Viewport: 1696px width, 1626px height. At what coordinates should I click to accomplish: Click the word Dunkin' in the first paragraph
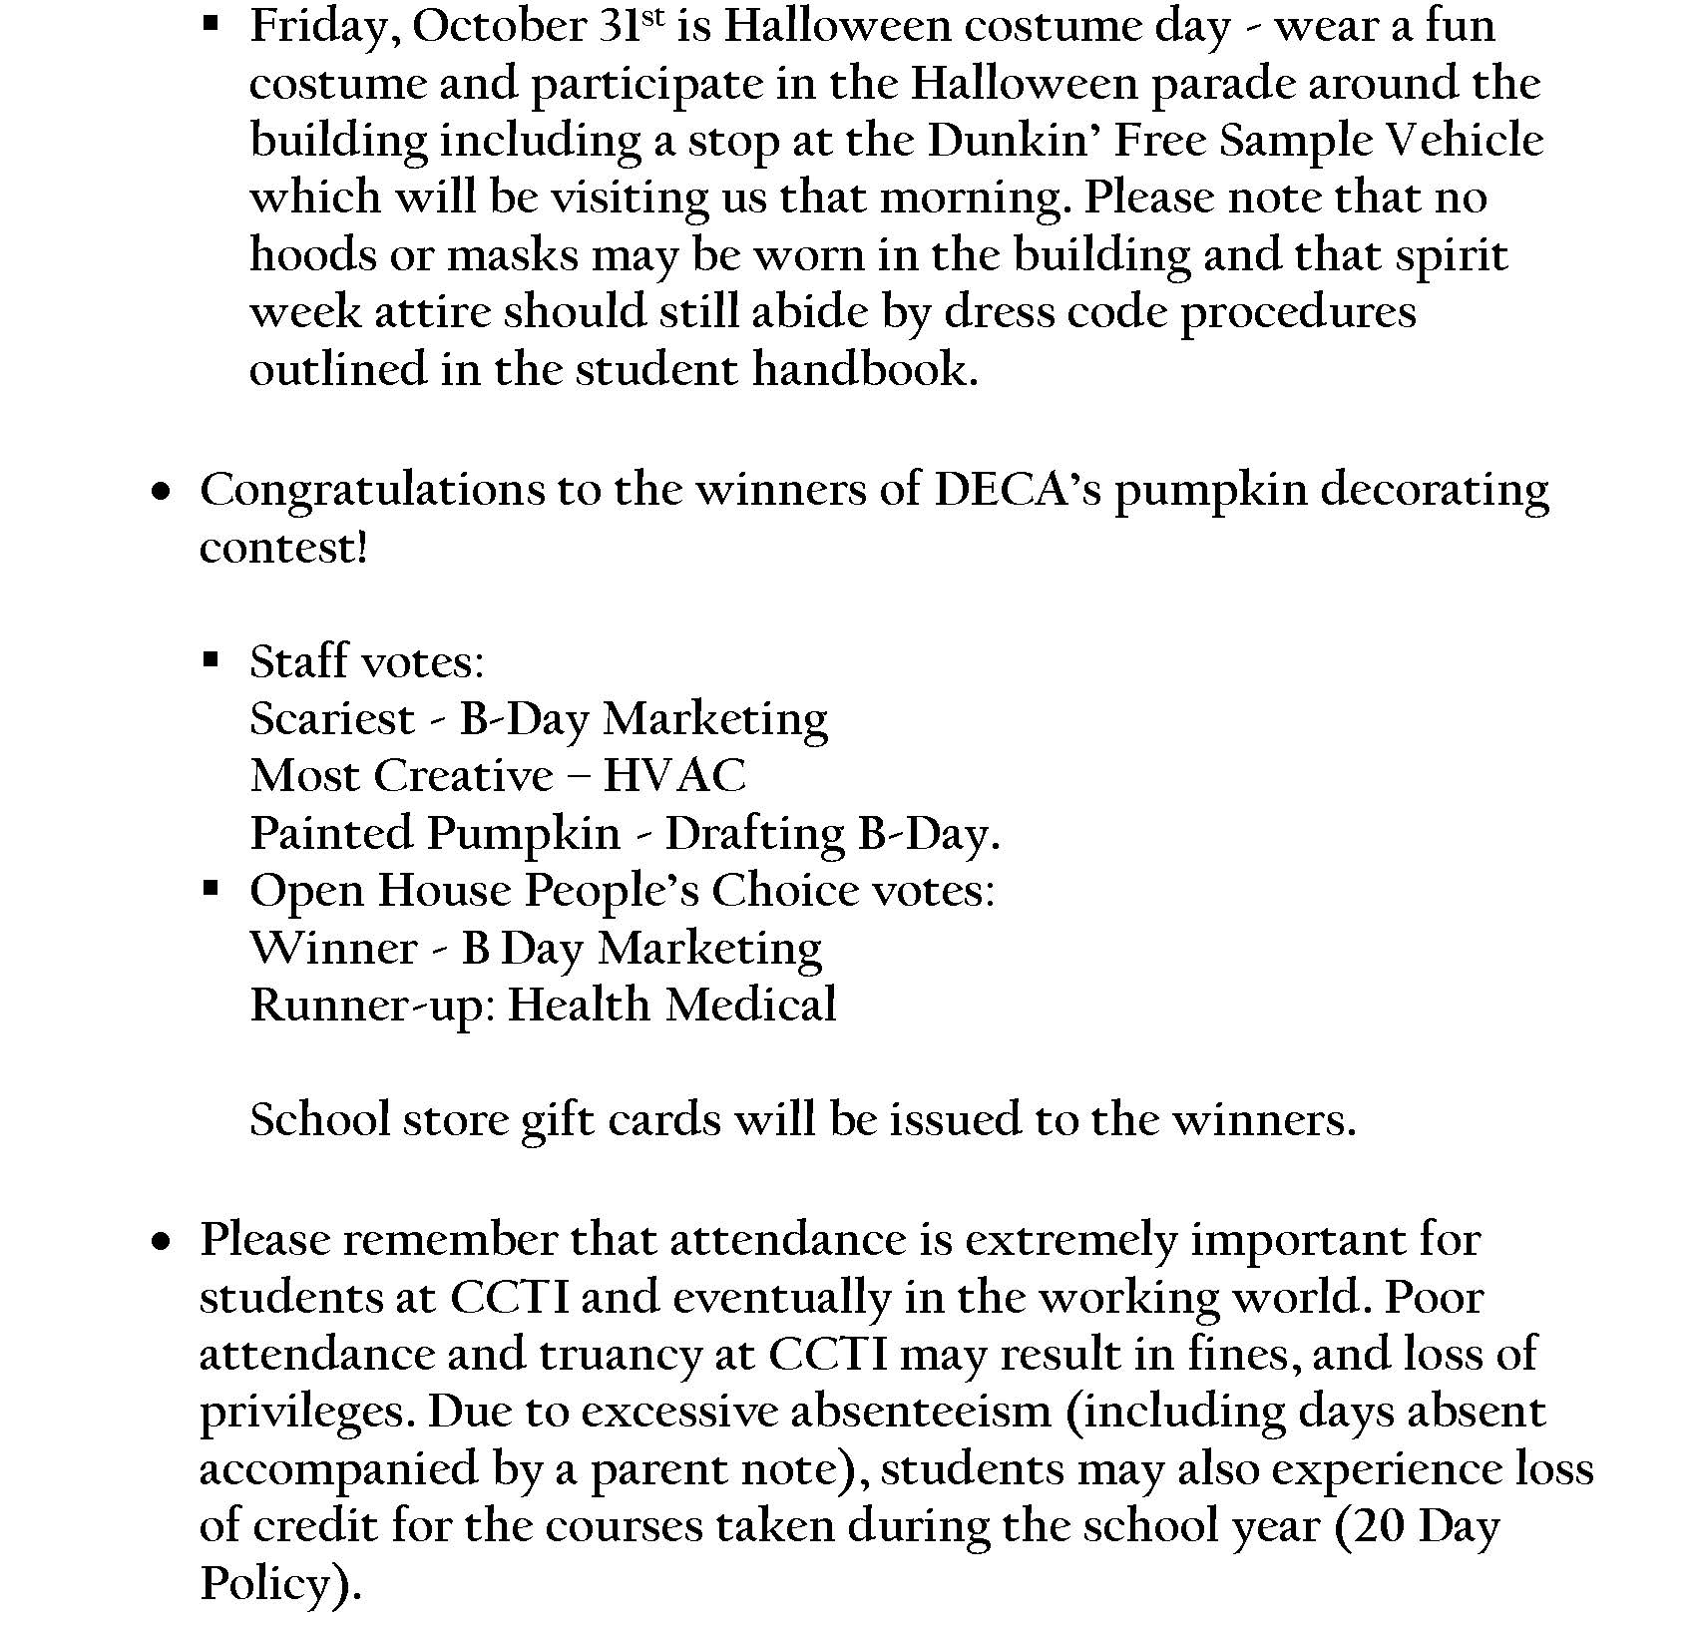click(x=1013, y=141)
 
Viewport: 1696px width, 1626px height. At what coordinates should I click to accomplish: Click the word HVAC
click(x=674, y=776)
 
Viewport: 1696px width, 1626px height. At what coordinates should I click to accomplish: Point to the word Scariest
click(x=332, y=718)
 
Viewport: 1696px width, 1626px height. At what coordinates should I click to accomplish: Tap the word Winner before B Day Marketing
click(x=333, y=948)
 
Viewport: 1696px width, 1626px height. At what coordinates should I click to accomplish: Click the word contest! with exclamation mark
click(x=284, y=548)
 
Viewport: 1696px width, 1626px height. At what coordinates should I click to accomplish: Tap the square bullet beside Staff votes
click(x=211, y=659)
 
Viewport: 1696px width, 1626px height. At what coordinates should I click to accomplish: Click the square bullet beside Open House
click(x=211, y=888)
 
